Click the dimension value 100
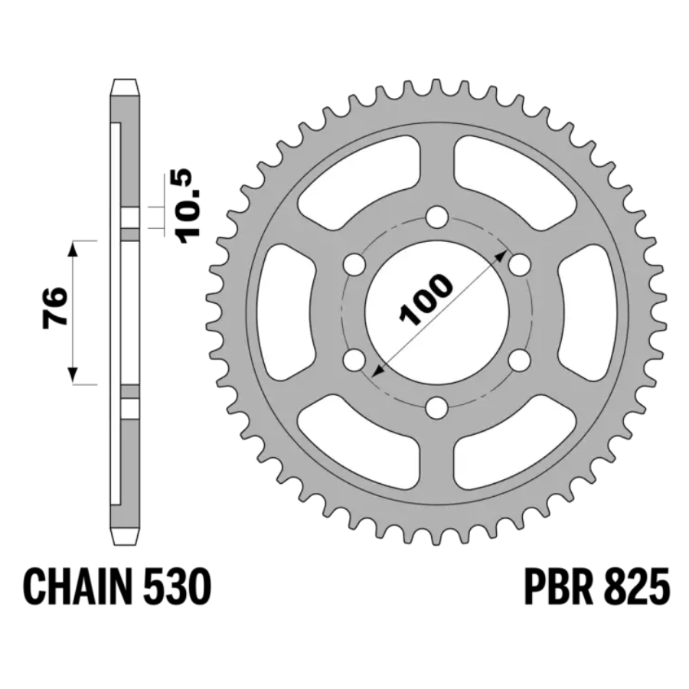pos(426,300)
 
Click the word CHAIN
pos(77,587)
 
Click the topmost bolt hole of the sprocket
pos(437,217)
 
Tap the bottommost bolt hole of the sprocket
pos(437,407)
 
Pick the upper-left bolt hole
pos(354,265)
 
